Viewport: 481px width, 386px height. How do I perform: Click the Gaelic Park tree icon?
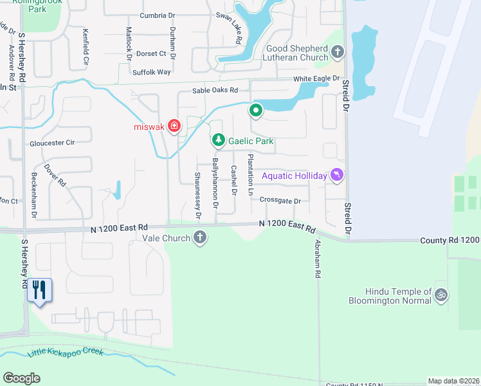coord(219,140)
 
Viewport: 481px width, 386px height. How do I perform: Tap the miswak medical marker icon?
coord(174,125)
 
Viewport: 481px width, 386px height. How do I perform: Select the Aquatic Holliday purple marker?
coord(336,175)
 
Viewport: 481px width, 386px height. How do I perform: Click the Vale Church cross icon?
coord(200,238)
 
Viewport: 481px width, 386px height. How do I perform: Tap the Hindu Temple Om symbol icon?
coord(440,295)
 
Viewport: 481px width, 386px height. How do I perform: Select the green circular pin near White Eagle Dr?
coord(256,111)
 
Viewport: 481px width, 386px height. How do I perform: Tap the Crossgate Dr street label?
coord(280,201)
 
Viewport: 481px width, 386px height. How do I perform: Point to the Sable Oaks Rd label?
coord(215,91)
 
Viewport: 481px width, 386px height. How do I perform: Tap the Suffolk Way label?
coord(152,72)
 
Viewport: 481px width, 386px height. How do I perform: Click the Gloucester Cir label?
coord(52,142)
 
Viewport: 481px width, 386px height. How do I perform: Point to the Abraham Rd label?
coord(318,259)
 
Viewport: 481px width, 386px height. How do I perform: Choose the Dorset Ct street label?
coord(151,53)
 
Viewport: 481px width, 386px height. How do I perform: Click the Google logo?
coord(22,378)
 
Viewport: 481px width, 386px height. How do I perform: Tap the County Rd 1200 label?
coord(450,240)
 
